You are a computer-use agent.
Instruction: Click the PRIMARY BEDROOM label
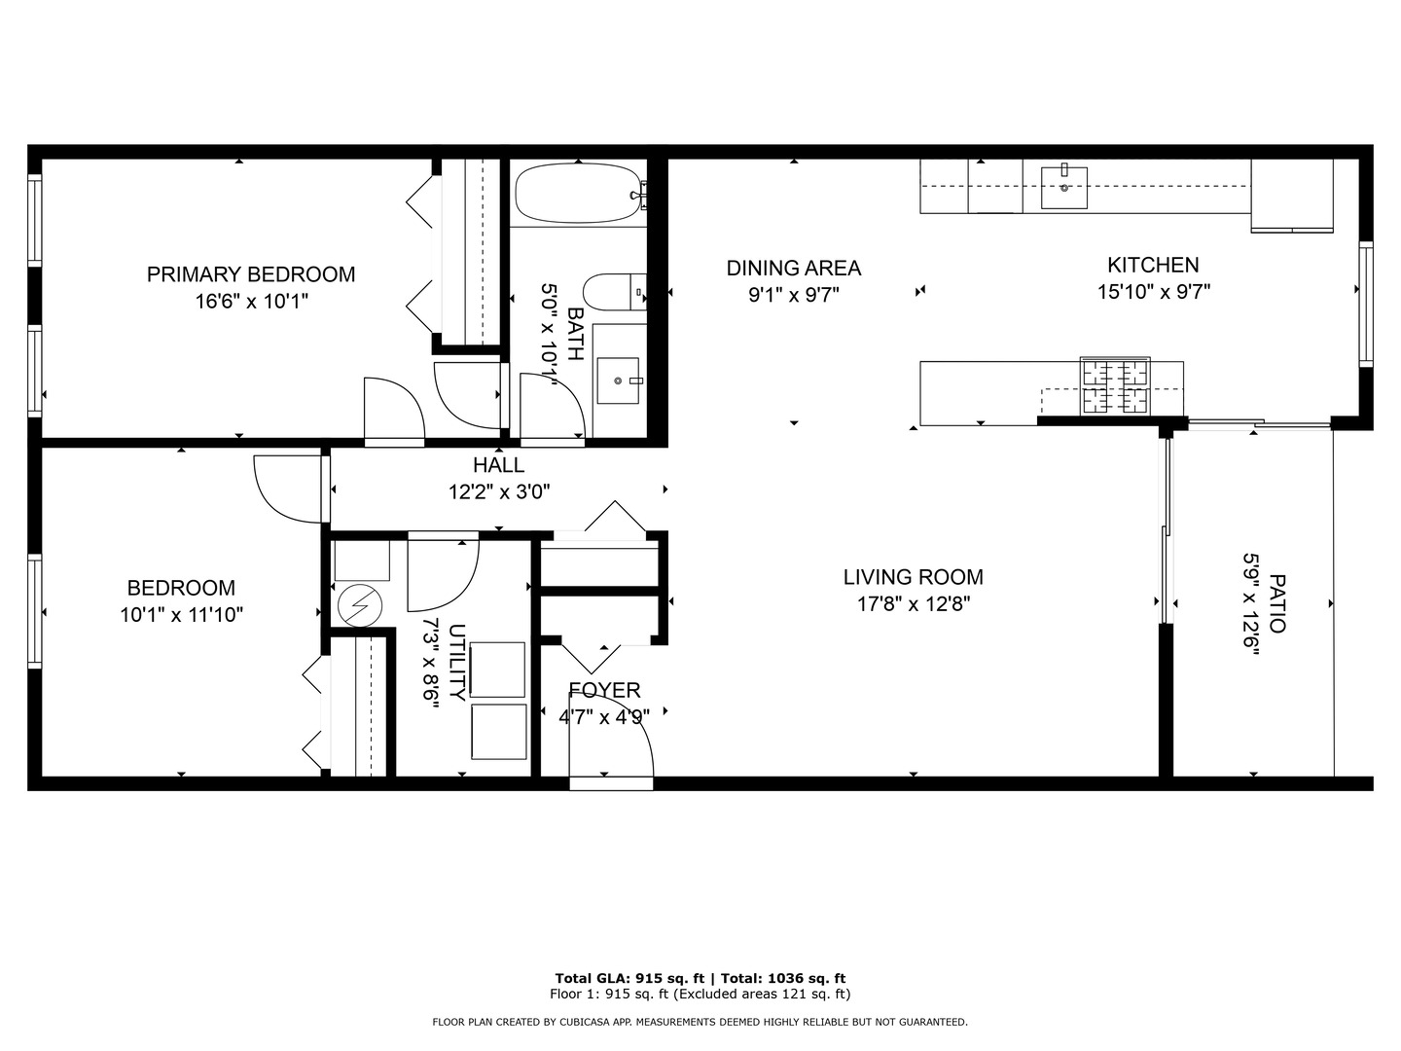pyautogui.click(x=251, y=274)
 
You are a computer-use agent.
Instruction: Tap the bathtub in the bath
pyautogui.click(x=578, y=193)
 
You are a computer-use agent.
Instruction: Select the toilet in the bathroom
pyautogui.click(x=615, y=292)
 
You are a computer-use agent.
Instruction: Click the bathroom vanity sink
pyautogui.click(x=618, y=381)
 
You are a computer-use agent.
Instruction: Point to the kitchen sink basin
pyautogui.click(x=1064, y=188)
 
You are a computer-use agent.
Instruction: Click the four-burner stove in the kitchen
pyautogui.click(x=1115, y=386)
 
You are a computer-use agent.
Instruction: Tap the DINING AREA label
pyautogui.click(x=793, y=268)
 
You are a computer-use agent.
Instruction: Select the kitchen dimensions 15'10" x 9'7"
pyautogui.click(x=1153, y=292)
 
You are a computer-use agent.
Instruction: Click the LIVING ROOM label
pyautogui.click(x=913, y=577)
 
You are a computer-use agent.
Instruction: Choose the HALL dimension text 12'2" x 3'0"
pyautogui.click(x=498, y=492)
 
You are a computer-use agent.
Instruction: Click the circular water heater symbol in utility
pyautogui.click(x=359, y=605)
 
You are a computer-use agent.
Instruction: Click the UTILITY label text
pyautogui.click(x=457, y=662)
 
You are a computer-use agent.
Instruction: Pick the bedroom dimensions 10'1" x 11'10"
pyautogui.click(x=181, y=614)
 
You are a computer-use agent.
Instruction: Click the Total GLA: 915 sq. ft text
pyautogui.click(x=629, y=978)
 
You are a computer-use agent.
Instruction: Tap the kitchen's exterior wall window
pyautogui.click(x=1366, y=304)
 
